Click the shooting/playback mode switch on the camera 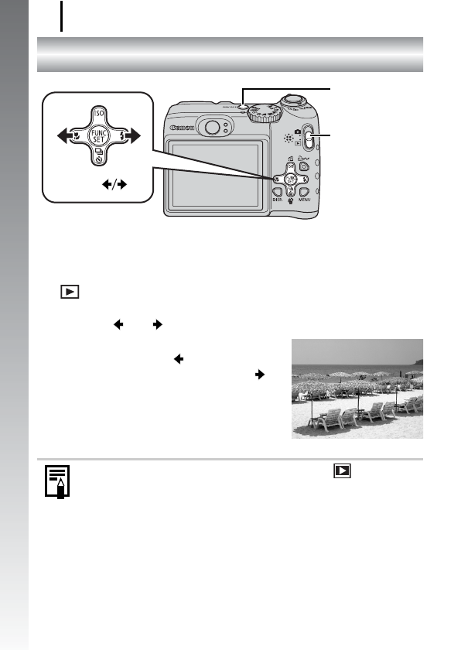click(309, 140)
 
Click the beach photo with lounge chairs click(357, 389)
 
